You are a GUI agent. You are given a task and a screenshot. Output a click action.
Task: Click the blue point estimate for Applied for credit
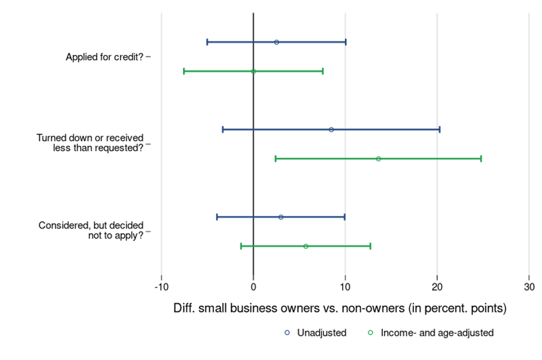tap(276, 42)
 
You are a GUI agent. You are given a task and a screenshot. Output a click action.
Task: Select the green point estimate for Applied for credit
tap(253, 71)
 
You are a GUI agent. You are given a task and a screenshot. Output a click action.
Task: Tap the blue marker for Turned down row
tap(331, 129)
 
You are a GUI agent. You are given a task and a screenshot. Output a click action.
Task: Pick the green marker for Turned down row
tap(378, 159)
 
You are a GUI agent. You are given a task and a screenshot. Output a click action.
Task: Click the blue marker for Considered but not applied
tap(280, 217)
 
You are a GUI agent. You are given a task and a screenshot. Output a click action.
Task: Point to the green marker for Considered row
tap(306, 246)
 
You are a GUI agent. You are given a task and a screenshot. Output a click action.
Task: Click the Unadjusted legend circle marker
tap(288, 333)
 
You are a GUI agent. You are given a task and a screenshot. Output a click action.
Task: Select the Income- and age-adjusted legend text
tap(438, 333)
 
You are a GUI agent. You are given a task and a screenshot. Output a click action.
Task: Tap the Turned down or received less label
tap(89, 144)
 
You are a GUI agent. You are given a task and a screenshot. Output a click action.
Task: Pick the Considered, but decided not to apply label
tap(91, 231)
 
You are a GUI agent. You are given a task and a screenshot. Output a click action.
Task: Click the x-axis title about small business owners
tap(341, 308)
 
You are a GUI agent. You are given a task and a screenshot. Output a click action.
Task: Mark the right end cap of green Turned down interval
tap(480, 159)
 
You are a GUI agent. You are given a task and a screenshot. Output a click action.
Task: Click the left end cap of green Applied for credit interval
tap(184, 71)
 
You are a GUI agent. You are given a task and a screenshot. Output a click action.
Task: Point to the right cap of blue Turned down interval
tap(439, 129)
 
